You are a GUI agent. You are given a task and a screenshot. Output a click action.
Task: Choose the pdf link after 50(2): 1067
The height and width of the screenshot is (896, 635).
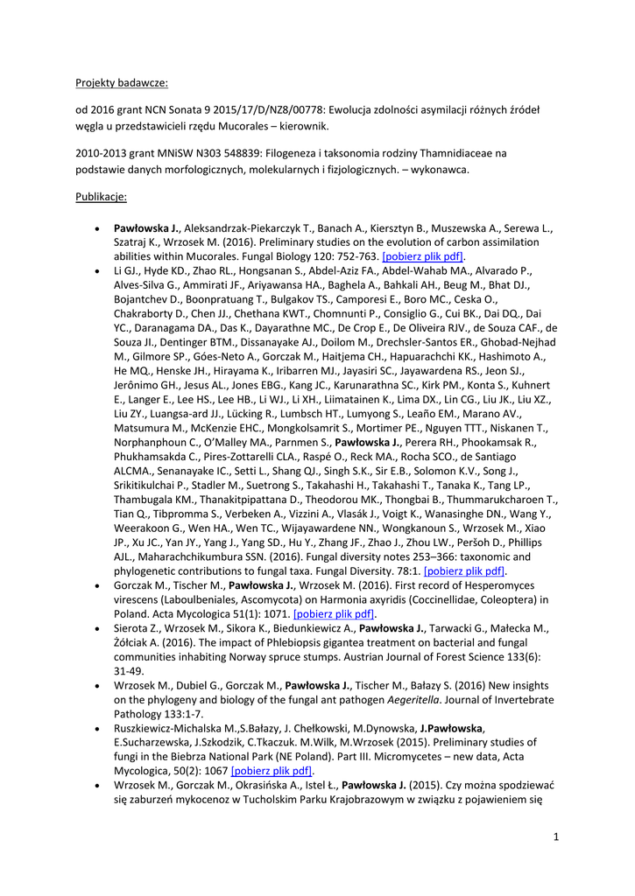coord(272,771)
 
